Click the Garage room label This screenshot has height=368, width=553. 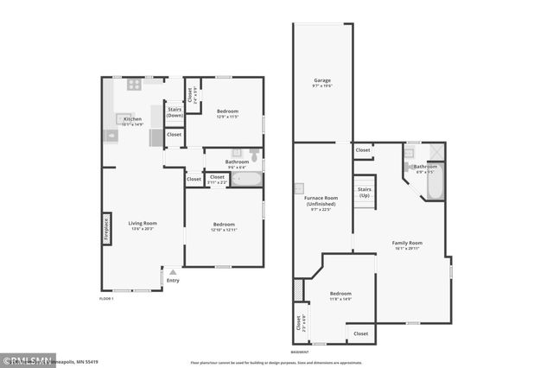coord(321,83)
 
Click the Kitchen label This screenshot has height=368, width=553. coord(131,120)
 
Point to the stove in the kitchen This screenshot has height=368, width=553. coord(134,85)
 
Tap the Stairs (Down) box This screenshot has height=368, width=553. coord(175,113)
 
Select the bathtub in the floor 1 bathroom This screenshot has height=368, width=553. coord(246,180)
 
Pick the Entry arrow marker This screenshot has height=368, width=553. coord(172,271)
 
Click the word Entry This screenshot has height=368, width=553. coord(173,280)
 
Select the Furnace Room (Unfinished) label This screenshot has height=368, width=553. coord(321,204)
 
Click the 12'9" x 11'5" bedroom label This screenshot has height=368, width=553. coord(227,113)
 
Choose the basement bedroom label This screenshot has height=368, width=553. coord(340,295)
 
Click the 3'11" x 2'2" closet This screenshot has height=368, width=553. coord(218,179)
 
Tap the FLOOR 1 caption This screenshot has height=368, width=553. coord(106,299)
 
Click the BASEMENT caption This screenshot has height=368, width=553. coord(300,352)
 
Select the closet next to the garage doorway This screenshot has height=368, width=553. coord(363,150)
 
